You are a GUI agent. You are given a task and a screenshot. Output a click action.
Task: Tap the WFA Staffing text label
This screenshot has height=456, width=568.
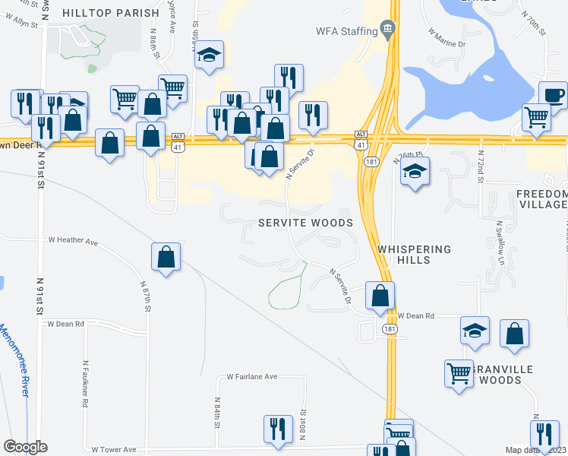point(346,30)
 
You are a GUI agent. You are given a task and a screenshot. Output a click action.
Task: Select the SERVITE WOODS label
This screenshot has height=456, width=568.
point(305,223)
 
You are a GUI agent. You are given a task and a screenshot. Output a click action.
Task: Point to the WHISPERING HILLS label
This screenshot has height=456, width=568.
point(414,255)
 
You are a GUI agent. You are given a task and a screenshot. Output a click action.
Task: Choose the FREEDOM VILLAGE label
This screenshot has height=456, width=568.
point(541,199)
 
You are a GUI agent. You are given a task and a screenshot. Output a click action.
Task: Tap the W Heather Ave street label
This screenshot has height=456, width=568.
point(74,242)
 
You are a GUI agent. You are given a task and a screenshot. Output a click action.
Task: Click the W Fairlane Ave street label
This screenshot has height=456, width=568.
point(253,377)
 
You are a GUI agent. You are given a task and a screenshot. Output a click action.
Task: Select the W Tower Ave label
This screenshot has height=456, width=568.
point(113,449)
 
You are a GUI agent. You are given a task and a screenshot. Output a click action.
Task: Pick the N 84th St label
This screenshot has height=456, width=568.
point(217,413)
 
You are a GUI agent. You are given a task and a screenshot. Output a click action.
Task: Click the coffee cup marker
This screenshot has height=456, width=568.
point(553,96)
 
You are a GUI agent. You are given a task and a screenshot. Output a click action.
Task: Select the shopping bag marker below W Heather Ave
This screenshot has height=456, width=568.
point(166,258)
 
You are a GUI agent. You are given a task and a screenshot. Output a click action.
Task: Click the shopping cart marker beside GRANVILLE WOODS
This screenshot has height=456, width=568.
point(459,375)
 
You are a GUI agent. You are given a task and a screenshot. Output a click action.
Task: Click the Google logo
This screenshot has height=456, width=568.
point(25,447)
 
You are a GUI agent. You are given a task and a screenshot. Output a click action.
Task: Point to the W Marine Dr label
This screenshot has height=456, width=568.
point(447,38)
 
